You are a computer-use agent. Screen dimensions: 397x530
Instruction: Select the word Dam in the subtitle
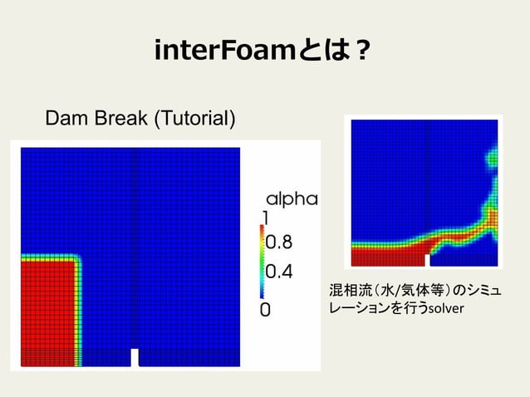click(x=64, y=119)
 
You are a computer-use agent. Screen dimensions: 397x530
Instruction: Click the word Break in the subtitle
click(x=115, y=119)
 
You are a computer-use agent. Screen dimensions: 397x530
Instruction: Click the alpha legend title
click(x=291, y=198)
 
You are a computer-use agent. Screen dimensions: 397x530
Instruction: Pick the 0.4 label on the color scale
click(x=278, y=272)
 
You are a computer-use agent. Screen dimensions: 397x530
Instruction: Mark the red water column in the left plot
click(x=46, y=307)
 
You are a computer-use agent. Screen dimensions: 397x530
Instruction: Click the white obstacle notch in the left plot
click(x=135, y=358)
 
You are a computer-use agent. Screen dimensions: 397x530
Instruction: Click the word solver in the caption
click(x=446, y=309)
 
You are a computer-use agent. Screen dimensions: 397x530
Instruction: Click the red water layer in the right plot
click(x=386, y=249)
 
